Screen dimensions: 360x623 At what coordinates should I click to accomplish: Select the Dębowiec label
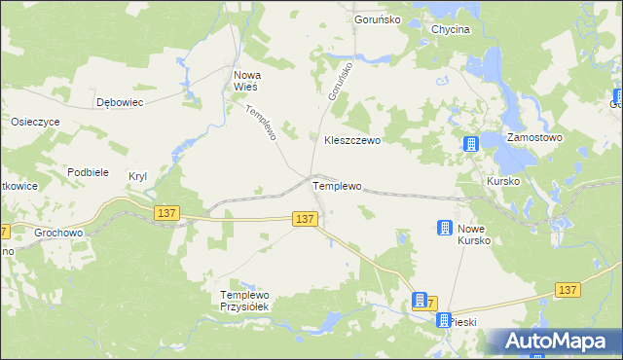121,101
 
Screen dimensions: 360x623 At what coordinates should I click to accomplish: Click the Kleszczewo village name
351,140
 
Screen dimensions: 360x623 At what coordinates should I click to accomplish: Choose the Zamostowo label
535,138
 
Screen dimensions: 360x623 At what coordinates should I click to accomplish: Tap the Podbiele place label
87,171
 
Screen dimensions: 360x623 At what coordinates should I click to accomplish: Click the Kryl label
137,176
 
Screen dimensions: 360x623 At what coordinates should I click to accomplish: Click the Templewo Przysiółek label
250,301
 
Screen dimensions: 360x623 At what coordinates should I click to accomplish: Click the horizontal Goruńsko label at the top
380,19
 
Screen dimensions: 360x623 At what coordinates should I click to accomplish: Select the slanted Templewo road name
262,123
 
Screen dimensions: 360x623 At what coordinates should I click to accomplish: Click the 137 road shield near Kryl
166,212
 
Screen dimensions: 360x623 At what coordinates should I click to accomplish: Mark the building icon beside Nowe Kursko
443,229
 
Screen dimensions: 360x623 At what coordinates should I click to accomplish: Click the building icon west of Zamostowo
471,144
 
